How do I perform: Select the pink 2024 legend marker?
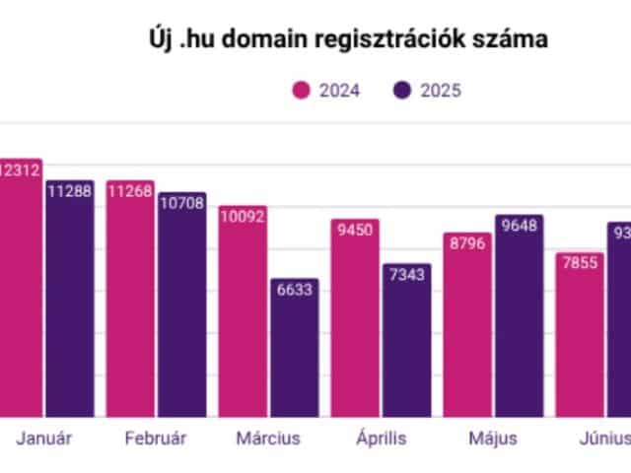[302, 91]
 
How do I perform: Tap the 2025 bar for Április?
[406, 345]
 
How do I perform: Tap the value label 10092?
[243, 217]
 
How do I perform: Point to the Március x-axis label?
[268, 439]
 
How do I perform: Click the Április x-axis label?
[381, 439]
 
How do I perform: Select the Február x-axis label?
[156, 439]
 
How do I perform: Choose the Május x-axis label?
[492, 439]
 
